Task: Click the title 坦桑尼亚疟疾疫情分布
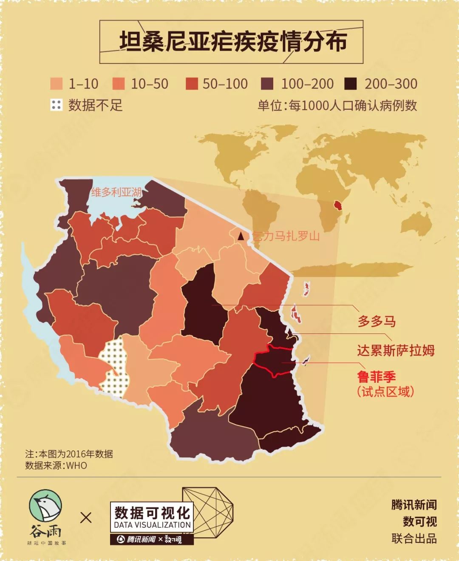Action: click(x=232, y=42)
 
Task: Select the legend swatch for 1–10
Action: click(x=56, y=84)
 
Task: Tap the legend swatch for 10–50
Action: click(x=119, y=84)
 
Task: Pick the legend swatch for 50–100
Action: click(x=192, y=84)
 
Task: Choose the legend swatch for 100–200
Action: click(x=267, y=84)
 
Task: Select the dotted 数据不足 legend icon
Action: click(x=56, y=105)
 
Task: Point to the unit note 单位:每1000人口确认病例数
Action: click(x=337, y=105)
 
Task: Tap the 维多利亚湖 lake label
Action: click(x=116, y=192)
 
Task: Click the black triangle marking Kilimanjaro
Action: click(x=241, y=236)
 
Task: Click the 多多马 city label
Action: click(x=377, y=321)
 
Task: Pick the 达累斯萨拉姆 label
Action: click(x=395, y=350)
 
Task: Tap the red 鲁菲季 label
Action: click(x=377, y=376)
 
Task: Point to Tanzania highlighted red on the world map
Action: click(x=338, y=205)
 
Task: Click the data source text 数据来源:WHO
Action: click(x=56, y=465)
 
